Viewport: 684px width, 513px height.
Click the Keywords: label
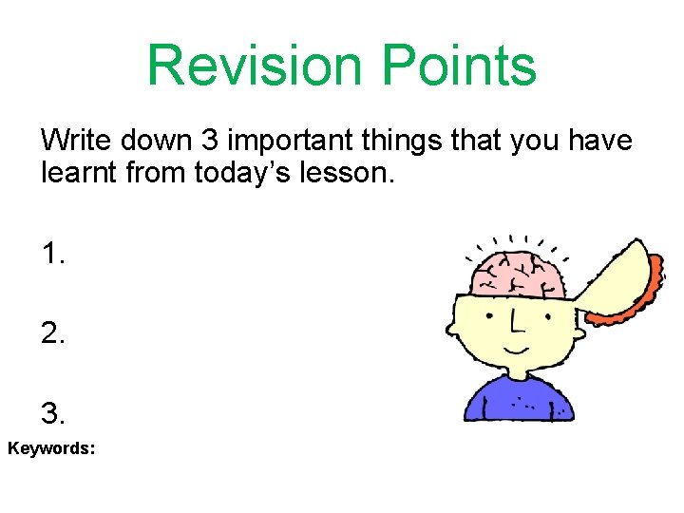(51, 446)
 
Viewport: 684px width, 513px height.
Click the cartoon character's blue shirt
(519, 399)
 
